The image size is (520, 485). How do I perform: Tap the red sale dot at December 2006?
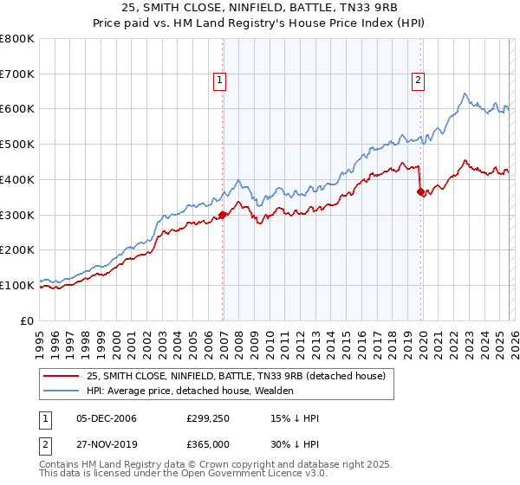tap(223, 215)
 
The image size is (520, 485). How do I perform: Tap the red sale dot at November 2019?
tap(421, 192)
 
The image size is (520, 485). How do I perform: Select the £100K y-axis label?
tap(17, 285)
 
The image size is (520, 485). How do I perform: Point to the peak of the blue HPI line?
tap(465, 94)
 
